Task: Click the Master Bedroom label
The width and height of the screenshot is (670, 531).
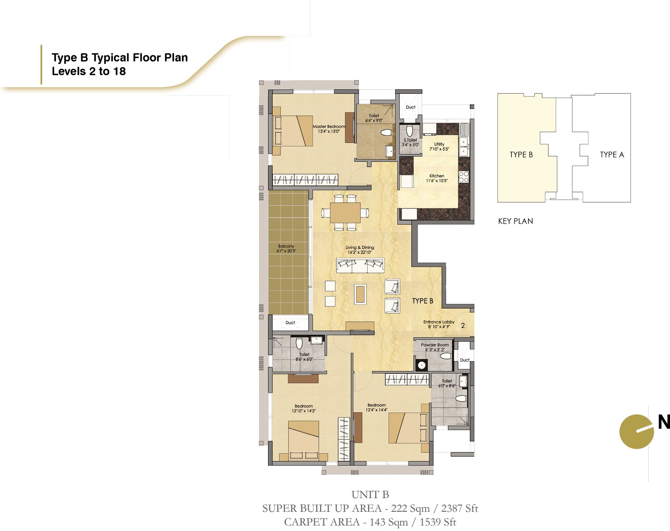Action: (329, 127)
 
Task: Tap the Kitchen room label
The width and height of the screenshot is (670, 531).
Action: (436, 176)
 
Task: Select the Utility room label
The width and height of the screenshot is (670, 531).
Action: (439, 144)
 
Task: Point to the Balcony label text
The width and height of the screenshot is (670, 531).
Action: (286, 246)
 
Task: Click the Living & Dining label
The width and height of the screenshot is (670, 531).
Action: (360, 247)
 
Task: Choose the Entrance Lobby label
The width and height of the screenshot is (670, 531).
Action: (439, 322)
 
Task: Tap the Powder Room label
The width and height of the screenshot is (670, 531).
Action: (435, 345)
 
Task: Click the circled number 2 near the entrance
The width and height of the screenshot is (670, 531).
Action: (463, 326)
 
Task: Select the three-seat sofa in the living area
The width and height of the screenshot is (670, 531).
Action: (360, 266)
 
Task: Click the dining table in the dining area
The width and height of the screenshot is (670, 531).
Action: (345, 213)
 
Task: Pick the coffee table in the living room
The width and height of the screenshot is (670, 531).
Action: (360, 294)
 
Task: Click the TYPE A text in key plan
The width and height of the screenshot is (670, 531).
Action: (611, 155)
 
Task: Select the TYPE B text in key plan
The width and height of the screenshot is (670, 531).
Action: (521, 155)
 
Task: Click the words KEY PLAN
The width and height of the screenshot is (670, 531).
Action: (515, 221)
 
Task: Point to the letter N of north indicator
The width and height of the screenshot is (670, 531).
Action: (663, 422)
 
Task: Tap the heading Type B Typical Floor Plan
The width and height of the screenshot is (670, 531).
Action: (120, 58)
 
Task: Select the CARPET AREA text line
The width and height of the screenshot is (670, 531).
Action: (370, 522)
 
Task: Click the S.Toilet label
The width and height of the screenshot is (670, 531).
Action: (410, 140)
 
